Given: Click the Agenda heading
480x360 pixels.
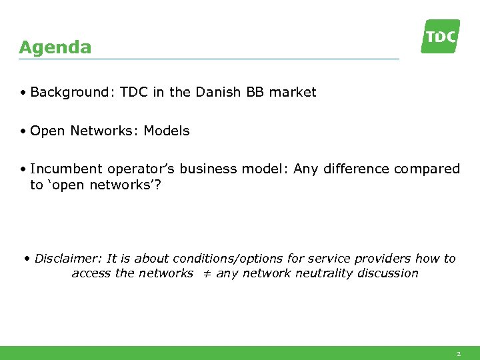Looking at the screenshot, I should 55,48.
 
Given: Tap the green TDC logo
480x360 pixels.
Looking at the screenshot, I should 441,36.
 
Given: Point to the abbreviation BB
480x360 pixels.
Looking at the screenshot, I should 255,93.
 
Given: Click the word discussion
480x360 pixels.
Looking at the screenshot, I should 387,273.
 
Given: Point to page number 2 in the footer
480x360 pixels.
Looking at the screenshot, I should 458,354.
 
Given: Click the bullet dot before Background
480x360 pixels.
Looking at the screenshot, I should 23,93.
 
